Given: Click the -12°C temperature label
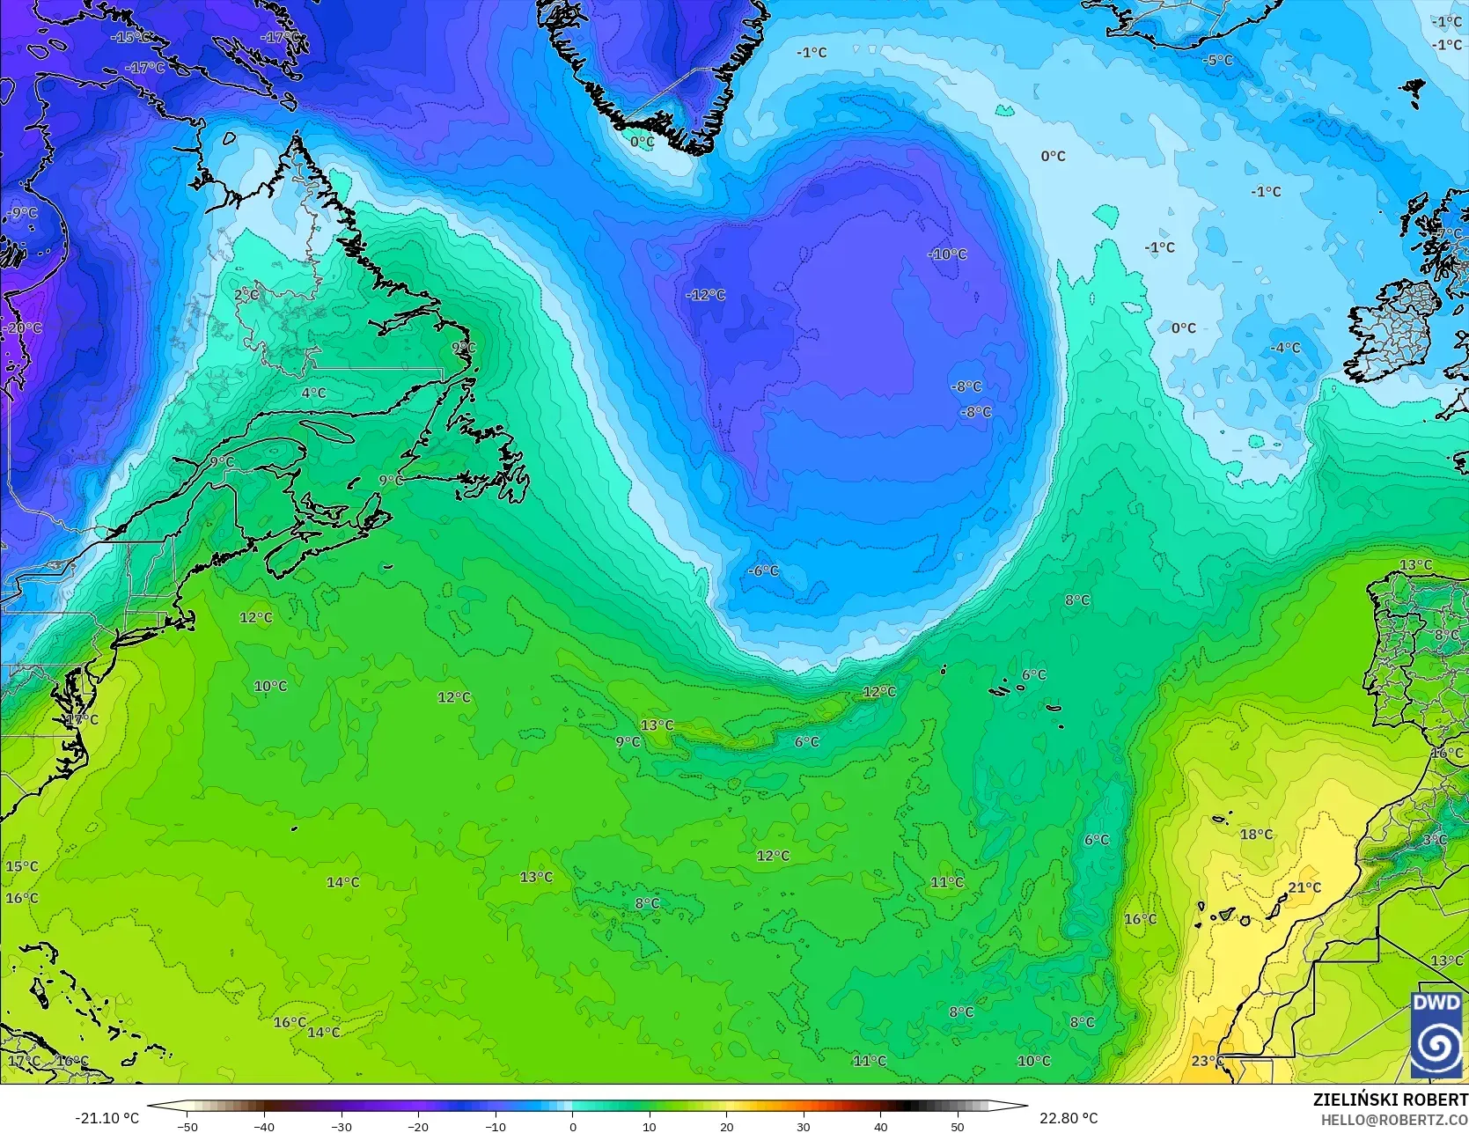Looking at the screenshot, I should point(706,295).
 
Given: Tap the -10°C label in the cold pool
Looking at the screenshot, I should point(947,254).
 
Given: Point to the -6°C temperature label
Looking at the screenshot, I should point(764,570).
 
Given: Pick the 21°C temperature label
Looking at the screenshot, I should point(1304,887).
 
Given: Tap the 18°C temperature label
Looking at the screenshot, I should point(1256,834).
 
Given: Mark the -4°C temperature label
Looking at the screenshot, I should point(1285,348).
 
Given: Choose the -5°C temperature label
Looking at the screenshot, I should point(1218,61).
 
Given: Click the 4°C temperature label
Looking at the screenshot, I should point(313,393).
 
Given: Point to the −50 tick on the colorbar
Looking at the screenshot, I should point(187,1126).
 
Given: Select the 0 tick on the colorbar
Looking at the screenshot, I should point(572,1126).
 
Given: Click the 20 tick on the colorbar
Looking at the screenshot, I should point(726,1126).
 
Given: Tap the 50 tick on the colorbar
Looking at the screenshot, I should point(958,1126).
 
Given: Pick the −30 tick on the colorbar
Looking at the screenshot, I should point(342,1126).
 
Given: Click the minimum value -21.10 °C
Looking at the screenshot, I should point(107,1118).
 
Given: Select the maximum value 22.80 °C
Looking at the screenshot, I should point(1069,1118).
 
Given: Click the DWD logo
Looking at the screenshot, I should point(1436,1034).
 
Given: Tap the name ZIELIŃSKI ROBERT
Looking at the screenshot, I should point(1390,1100).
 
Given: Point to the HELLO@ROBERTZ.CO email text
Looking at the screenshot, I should point(1394,1119).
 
